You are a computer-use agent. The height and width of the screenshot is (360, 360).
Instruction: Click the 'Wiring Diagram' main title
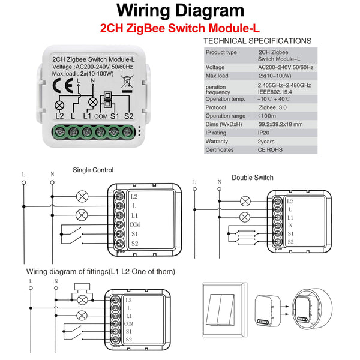(180, 11)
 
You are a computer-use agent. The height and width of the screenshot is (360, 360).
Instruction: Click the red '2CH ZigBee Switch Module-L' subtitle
(179, 28)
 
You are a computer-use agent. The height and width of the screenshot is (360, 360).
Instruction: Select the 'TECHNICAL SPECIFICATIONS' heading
(257, 41)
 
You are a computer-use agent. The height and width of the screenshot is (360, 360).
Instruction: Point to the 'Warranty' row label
(217, 141)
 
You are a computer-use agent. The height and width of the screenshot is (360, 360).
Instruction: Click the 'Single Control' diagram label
(92, 170)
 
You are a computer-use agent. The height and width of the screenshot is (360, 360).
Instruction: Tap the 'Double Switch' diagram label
(252, 178)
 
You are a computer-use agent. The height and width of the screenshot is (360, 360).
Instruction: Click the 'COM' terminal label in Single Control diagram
(134, 223)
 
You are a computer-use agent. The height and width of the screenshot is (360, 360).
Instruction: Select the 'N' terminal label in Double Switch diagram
(290, 225)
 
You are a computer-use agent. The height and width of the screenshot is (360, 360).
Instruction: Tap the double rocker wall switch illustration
(223, 308)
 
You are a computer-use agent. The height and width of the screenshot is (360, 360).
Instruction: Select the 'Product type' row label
(220, 52)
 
